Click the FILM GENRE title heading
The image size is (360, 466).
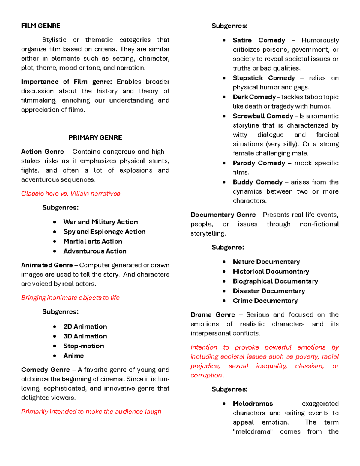click(40, 26)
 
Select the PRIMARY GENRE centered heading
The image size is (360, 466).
click(95, 137)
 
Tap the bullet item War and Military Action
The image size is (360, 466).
click(100, 222)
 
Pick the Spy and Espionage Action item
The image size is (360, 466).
click(104, 232)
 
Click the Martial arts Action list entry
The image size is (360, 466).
click(93, 241)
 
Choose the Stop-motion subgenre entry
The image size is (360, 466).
click(84, 346)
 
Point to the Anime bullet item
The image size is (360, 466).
click(73, 356)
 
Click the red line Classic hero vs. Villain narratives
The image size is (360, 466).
click(70, 194)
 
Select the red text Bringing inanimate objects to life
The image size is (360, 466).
click(70, 298)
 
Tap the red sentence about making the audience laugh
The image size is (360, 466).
click(91, 412)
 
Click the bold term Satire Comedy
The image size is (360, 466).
click(259, 40)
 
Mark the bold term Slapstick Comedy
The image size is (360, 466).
click(264, 78)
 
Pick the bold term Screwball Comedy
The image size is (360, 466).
click(263, 116)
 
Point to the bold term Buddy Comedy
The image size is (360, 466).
click(257, 182)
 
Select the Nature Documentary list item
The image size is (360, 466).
click(266, 262)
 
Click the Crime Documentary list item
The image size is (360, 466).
click(265, 301)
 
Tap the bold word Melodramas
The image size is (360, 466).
click(253, 404)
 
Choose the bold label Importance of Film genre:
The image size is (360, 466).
click(67, 82)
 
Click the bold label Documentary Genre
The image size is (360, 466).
click(223, 215)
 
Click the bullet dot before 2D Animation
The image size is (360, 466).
click(55, 326)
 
